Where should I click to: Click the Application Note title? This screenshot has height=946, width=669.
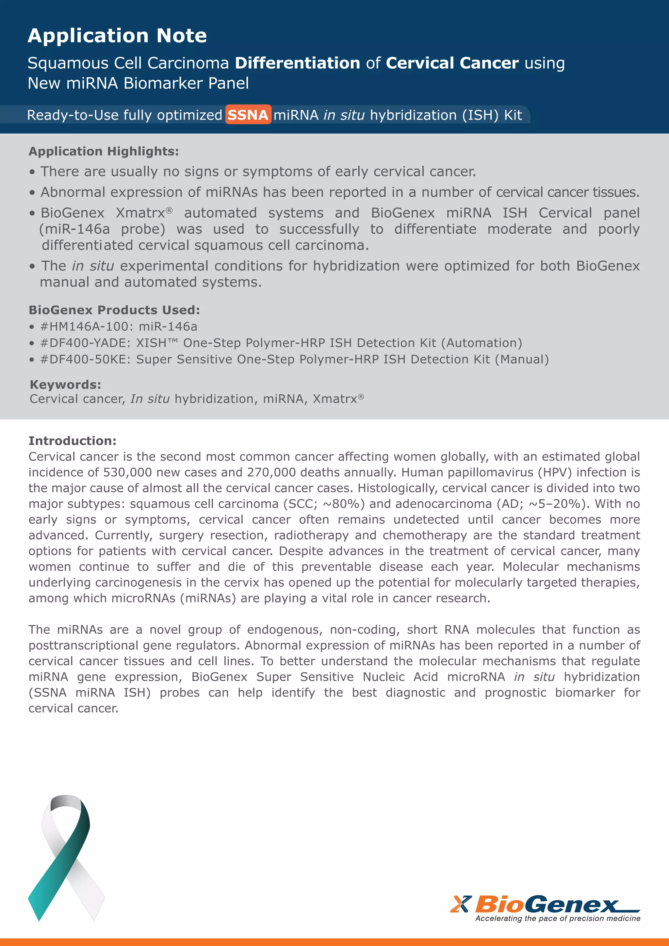(117, 36)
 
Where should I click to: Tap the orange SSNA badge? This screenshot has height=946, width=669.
(248, 115)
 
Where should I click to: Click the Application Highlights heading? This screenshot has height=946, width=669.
(104, 151)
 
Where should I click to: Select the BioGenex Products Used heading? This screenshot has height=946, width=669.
(114, 310)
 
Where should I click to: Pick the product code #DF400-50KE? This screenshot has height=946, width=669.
(86, 360)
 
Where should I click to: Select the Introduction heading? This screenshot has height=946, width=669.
(73, 441)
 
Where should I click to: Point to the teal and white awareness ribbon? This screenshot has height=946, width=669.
(66, 857)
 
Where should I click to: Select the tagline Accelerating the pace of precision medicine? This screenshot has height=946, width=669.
(558, 918)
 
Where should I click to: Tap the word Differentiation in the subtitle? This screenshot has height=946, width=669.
(298, 63)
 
